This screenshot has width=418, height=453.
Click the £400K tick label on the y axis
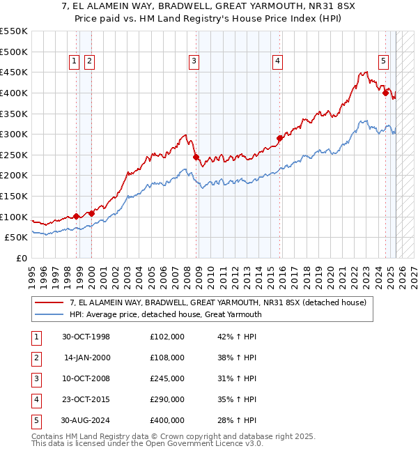point(13,93)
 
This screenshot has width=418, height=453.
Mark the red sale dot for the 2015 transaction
point(279,138)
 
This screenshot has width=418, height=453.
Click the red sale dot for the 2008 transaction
point(196,157)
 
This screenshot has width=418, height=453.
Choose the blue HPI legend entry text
point(165,314)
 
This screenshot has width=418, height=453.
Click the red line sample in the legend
point(49,302)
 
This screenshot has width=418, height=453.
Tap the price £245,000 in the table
point(167,378)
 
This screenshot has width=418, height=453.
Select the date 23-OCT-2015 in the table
point(86,399)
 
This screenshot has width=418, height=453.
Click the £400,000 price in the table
point(167,420)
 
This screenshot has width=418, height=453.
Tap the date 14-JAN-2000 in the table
point(86,358)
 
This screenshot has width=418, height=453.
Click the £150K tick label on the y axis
point(13,196)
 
